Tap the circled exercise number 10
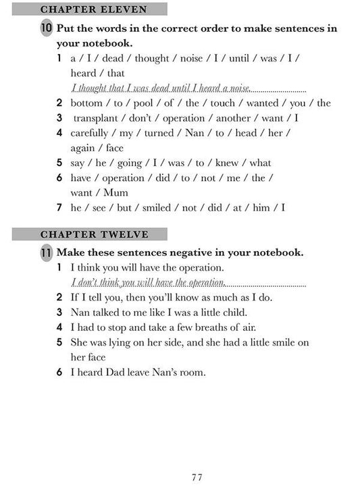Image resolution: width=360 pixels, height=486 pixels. click(x=46, y=29)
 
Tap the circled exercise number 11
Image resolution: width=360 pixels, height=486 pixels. click(x=46, y=253)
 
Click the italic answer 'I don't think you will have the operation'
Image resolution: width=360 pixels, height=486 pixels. click(x=148, y=283)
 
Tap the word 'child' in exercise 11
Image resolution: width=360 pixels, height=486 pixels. click(x=233, y=313)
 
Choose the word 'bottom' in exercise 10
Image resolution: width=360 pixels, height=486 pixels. click(x=86, y=103)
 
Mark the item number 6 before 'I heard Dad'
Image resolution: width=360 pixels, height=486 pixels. click(x=59, y=372)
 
